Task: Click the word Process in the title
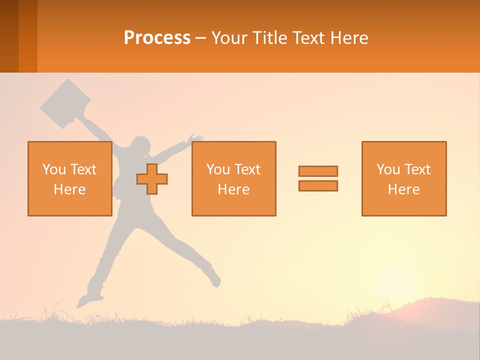coord(157,38)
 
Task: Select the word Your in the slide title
coord(230,38)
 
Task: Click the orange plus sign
coord(152,179)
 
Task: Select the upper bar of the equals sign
coord(318,171)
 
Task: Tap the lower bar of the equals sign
coord(318,186)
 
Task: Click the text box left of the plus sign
coord(69,178)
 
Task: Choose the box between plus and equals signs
coord(233,178)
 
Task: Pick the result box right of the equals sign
coord(403,178)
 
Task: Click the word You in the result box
coord(387,169)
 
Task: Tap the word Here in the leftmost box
coord(69,189)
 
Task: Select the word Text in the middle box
coord(248,169)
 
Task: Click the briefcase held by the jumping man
coord(65,103)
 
